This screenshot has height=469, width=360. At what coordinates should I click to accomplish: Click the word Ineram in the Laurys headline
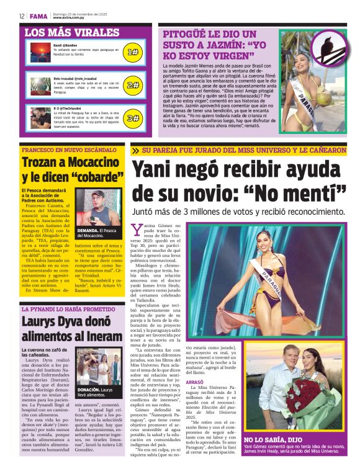pyautogui.click(x=101, y=337)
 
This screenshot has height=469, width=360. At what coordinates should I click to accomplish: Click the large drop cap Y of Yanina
pyautogui.click(x=138, y=230)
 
